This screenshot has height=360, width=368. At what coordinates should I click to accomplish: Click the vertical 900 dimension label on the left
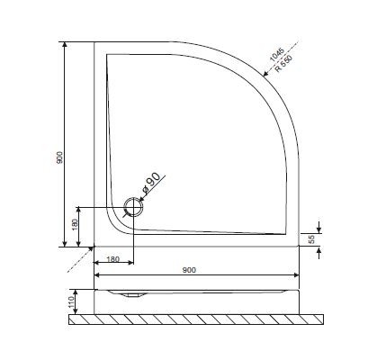click(x=58, y=157)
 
